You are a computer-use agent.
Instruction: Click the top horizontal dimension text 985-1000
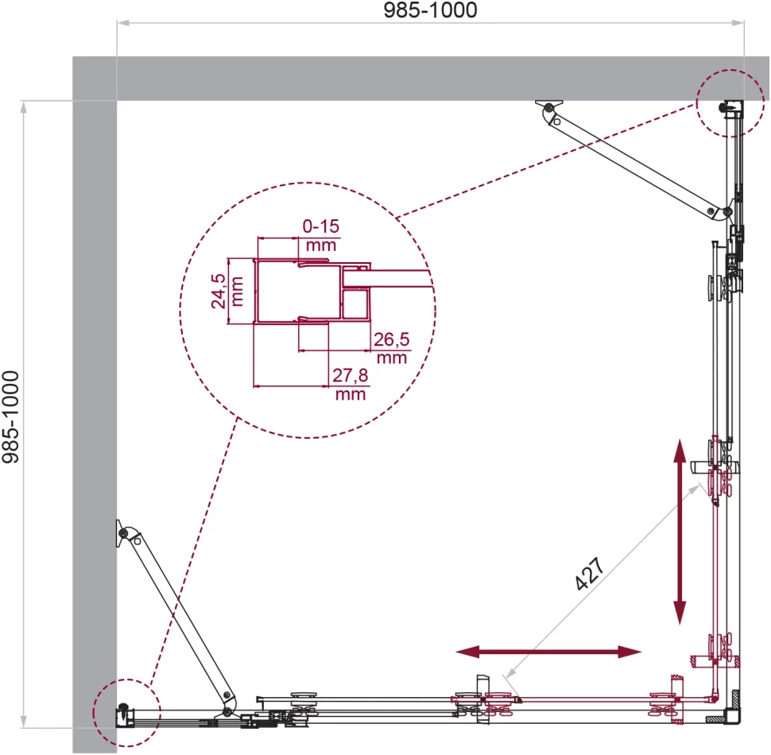tap(430, 10)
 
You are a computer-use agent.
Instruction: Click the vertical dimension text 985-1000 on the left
tap(10, 416)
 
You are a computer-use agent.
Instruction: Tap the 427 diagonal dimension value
tap(589, 574)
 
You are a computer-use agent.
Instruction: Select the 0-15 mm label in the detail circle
tap(321, 235)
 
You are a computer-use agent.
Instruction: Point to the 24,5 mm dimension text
tap(227, 291)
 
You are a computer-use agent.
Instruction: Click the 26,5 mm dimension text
tap(391, 348)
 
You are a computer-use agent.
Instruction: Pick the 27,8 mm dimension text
tap(350, 385)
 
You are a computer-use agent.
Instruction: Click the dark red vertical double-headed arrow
tap(680, 532)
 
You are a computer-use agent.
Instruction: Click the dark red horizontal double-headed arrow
tap(548, 652)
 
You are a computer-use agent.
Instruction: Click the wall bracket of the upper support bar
tap(549, 106)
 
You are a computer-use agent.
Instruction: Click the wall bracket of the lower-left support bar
tap(121, 532)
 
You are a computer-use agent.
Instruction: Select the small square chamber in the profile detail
tap(355, 304)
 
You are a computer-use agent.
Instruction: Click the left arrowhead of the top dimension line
tap(123, 22)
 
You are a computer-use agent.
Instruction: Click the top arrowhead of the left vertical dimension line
tap(23, 106)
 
